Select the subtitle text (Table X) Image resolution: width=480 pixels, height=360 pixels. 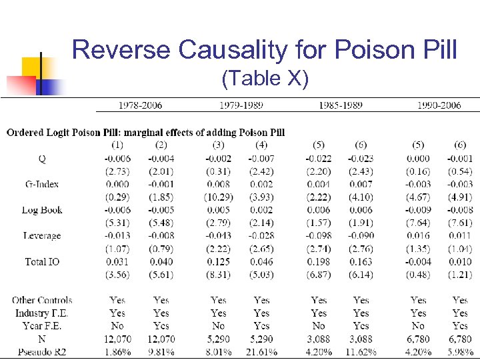[265, 79]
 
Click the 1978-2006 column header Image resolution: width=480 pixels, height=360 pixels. [140, 105]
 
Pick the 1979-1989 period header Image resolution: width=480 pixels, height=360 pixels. [241, 105]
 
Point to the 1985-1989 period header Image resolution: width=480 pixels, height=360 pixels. [341, 105]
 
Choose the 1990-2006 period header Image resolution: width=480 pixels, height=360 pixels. [439, 105]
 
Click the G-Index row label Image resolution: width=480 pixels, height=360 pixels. [42, 184]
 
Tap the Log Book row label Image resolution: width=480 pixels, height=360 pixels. [42, 210]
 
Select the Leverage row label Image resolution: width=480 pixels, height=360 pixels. [42, 236]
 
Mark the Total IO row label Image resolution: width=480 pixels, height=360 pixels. [42, 262]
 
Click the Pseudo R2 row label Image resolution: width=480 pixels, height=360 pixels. [42, 351]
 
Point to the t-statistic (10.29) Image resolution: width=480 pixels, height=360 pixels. [219, 197]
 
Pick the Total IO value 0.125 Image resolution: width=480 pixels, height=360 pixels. [219, 262]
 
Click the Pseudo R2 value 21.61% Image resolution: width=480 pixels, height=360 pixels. [261, 351]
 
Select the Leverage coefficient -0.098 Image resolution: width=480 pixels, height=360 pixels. [319, 236]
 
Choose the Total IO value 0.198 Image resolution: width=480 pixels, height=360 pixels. [319, 262]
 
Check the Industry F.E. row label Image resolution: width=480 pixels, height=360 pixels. [42, 313]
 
